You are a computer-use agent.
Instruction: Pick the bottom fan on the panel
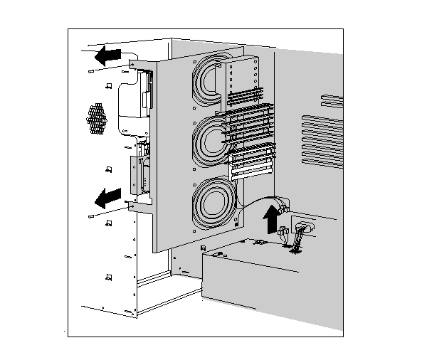(x=212, y=201)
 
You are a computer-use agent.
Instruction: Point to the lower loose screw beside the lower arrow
(x=90, y=215)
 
